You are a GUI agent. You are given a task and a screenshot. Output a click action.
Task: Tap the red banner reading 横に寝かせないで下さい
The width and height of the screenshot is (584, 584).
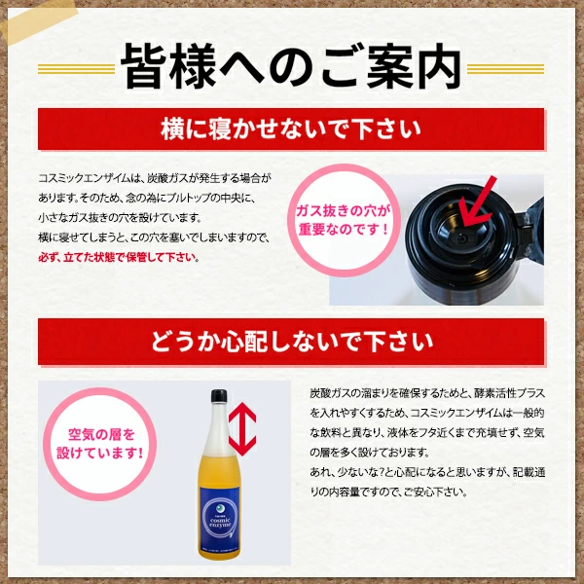tap(291, 128)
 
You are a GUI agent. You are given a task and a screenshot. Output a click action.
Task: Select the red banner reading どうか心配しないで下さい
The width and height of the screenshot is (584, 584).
tap(291, 342)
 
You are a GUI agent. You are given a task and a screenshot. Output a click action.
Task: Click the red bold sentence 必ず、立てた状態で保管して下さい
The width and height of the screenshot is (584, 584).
tap(118, 258)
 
